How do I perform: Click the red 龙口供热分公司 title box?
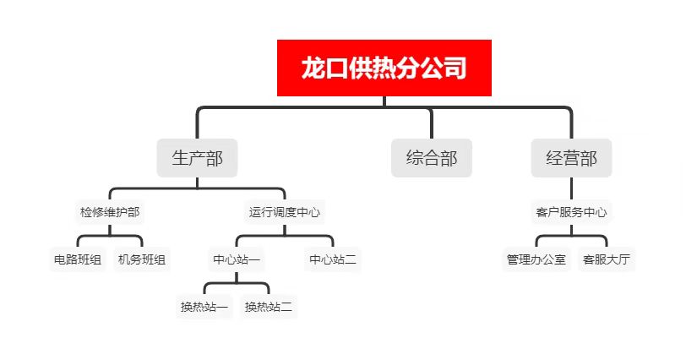(x=384, y=68)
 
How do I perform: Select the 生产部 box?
(x=198, y=158)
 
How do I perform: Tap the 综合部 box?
(x=432, y=158)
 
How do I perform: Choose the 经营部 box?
(x=571, y=158)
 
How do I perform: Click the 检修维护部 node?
(x=110, y=212)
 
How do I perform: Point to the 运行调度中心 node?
(x=285, y=212)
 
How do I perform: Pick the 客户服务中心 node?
(x=571, y=212)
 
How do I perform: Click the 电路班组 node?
(x=78, y=259)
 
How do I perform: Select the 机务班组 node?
(x=142, y=259)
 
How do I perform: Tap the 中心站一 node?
(x=237, y=259)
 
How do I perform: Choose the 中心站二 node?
(x=333, y=259)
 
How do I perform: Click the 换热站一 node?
(x=204, y=307)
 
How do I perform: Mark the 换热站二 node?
(x=268, y=307)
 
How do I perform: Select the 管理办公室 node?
(x=536, y=259)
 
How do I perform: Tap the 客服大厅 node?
(x=607, y=259)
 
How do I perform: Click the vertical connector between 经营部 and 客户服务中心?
(x=571, y=189)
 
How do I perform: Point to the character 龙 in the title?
(x=313, y=68)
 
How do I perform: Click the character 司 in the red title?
(x=455, y=68)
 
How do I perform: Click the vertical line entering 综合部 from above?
(x=432, y=123)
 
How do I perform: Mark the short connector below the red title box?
(x=384, y=101)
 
